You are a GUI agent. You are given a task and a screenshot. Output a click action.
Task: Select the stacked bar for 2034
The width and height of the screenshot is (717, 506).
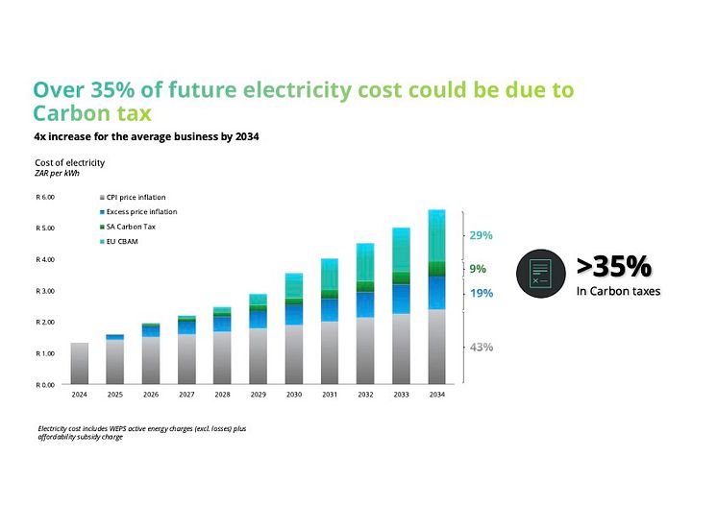point(436,298)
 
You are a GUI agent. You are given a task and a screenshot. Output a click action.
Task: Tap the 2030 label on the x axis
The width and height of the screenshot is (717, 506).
point(293,394)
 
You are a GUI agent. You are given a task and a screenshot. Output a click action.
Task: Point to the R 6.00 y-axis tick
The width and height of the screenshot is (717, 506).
point(45,197)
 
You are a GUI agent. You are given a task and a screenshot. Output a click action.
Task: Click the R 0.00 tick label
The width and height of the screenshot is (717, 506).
point(45,384)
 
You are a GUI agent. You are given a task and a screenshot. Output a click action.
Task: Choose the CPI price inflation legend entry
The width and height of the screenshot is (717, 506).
point(136,197)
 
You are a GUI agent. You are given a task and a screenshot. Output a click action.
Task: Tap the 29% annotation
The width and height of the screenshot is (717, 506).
point(481,235)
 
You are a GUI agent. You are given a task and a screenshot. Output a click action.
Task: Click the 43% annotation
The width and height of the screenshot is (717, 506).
point(481,347)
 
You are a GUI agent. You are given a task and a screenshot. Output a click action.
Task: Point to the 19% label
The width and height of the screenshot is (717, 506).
point(481,293)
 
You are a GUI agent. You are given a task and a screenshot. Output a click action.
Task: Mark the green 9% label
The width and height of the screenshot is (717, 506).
point(478,269)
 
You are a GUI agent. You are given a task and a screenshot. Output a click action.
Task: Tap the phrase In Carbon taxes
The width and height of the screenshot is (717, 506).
point(618,291)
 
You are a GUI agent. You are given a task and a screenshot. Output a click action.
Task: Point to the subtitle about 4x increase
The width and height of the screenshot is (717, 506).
point(146,136)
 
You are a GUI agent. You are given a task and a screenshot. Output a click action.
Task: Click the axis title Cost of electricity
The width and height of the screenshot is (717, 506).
point(69,162)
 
